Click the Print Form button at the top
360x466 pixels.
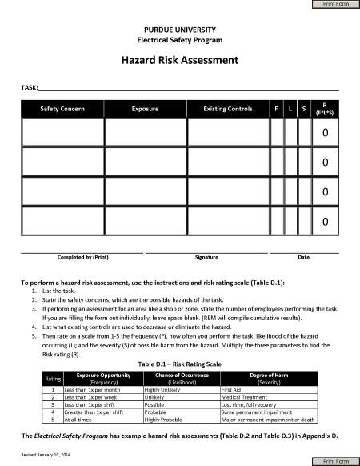335,5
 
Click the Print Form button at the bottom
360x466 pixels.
335,461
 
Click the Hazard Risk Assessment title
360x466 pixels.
179,60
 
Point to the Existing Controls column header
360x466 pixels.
228,109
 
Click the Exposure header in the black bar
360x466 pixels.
145,109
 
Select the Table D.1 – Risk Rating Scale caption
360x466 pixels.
179,364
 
